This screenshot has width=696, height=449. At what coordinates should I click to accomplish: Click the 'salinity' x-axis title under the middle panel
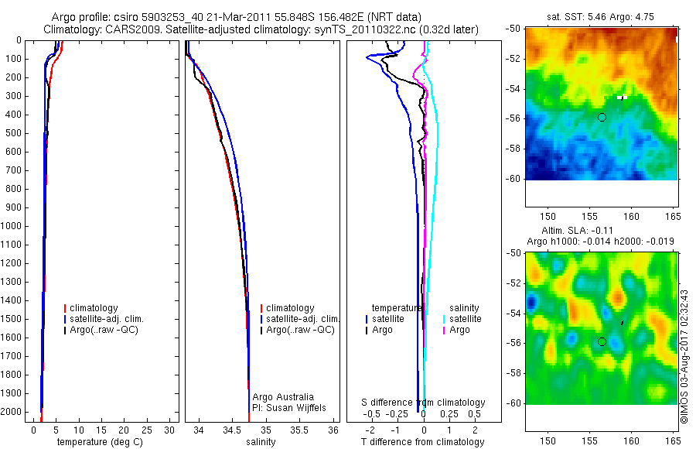[x=260, y=442]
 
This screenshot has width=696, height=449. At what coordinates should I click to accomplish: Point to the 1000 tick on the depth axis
[x=14, y=226]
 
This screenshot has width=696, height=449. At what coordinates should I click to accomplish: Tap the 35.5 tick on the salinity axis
[x=299, y=430]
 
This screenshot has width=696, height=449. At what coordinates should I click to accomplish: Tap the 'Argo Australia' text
[x=283, y=397]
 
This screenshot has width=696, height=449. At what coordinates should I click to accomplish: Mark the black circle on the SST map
[x=602, y=117]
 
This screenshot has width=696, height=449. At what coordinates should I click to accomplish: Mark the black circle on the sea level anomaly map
[x=602, y=341]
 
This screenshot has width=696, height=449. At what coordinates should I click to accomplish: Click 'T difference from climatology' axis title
[x=422, y=442]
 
